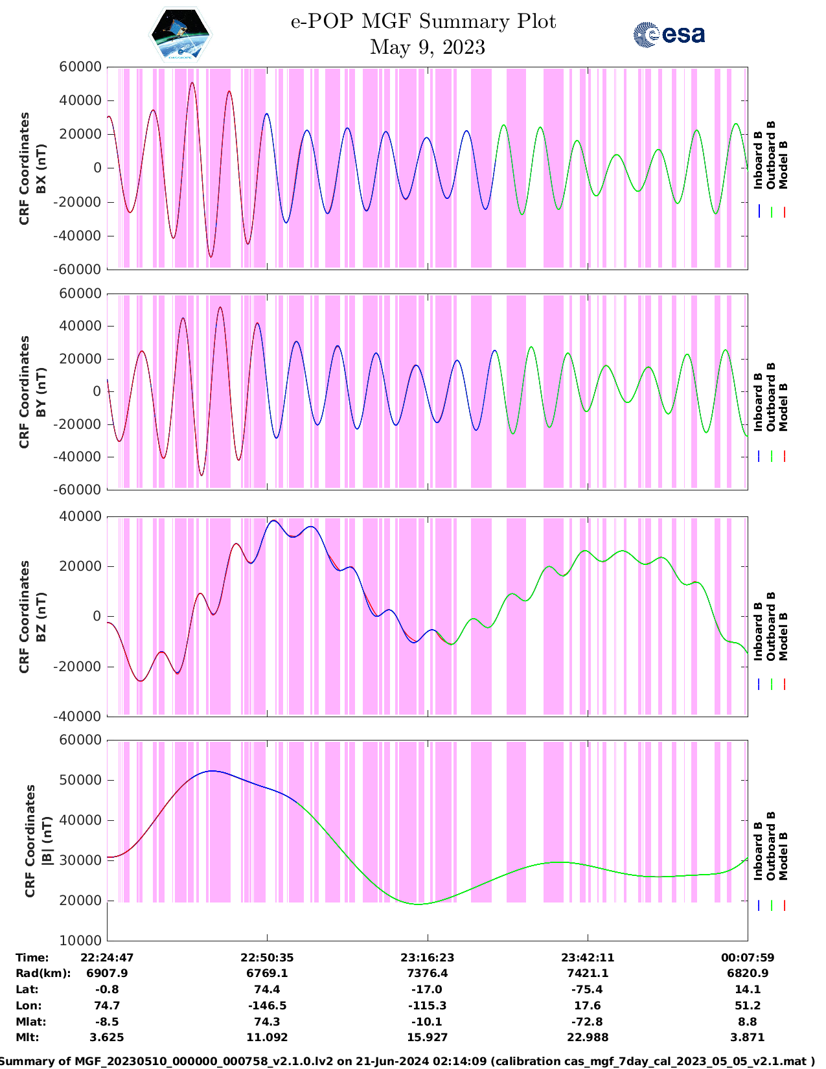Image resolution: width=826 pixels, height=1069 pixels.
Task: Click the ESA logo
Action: tap(669, 34)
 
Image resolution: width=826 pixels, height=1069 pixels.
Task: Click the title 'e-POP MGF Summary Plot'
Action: tap(423, 21)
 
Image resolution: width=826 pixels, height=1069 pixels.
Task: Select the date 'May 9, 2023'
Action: tap(427, 47)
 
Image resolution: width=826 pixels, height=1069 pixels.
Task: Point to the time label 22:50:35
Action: tap(267, 958)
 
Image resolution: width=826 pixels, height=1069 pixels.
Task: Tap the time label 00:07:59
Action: tap(748, 958)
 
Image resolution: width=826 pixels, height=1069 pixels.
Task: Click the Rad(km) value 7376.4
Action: tap(427, 973)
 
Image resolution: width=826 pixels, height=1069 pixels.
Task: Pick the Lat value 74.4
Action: tap(267, 989)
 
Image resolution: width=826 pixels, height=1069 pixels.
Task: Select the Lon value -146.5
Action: tap(267, 1006)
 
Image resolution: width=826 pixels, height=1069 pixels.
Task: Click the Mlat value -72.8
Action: tap(588, 1022)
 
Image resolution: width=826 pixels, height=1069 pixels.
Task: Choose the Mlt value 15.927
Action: tap(427, 1037)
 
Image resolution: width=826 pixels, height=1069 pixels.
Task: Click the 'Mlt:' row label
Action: tap(27, 1037)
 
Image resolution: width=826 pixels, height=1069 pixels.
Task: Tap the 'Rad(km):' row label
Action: tap(43, 973)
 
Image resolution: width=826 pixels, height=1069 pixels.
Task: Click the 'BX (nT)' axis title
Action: tap(41, 168)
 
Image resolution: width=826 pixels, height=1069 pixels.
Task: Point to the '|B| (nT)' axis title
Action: tap(47, 841)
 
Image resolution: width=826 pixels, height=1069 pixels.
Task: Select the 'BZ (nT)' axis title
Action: tap(41, 617)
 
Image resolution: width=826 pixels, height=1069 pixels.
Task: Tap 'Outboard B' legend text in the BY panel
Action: tap(771, 397)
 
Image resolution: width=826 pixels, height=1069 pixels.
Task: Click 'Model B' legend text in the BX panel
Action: tap(783, 165)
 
